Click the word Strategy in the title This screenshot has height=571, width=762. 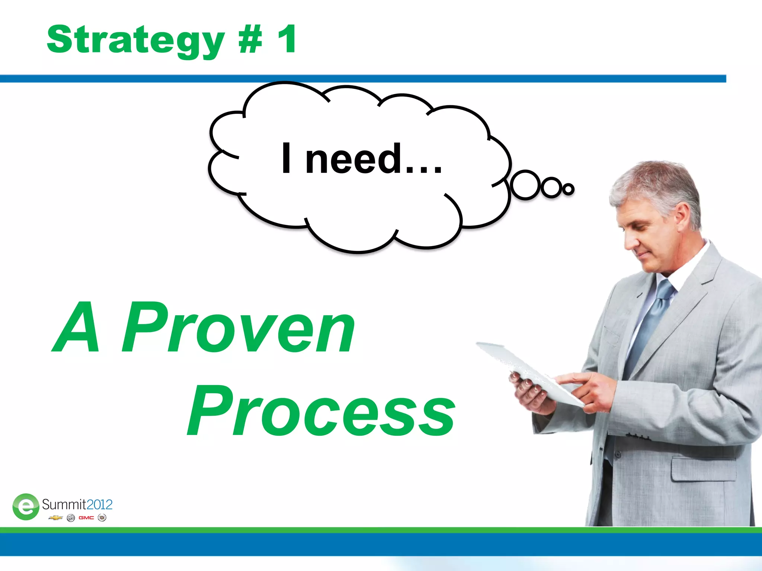coord(136,40)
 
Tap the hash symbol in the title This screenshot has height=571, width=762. coord(250,40)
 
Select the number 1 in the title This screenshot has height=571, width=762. coord(287,39)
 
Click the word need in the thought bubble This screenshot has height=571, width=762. coord(353,159)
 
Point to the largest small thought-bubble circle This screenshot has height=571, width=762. coord(525,185)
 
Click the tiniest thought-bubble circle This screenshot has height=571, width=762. coord(568,189)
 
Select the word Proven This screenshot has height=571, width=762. coord(238,328)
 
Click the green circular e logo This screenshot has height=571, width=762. coord(26,506)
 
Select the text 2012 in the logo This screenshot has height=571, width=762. coord(99,504)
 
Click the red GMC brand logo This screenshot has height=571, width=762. coord(86,518)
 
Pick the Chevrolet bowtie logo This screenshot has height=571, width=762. coord(55,518)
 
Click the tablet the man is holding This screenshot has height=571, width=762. coord(528,372)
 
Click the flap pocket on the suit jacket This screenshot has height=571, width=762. coord(703,469)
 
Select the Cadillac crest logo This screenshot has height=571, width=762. coord(102,518)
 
